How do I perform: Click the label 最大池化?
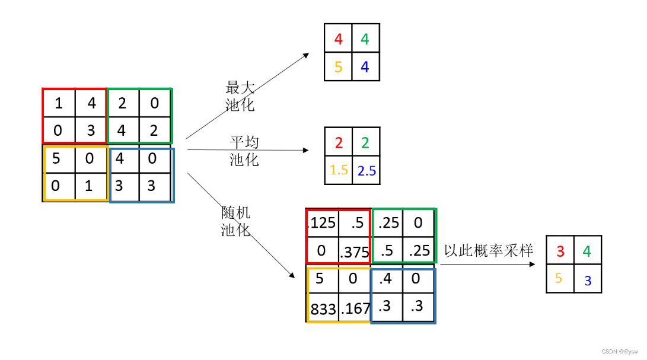pyautogui.click(x=240, y=97)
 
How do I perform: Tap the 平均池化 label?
pyautogui.click(x=244, y=151)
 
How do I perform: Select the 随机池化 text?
pyautogui.click(x=236, y=221)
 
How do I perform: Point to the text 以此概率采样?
pyautogui.click(x=489, y=250)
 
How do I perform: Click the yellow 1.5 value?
pyautogui.click(x=339, y=170)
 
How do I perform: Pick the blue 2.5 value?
pyautogui.click(x=366, y=171)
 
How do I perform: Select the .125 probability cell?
pyautogui.click(x=322, y=222)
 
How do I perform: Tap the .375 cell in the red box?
pyautogui.click(x=354, y=252)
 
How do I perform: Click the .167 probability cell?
pyautogui.click(x=356, y=308)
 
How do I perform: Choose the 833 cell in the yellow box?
pyautogui.click(x=323, y=308)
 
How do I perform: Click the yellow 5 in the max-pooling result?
pyautogui.click(x=339, y=67)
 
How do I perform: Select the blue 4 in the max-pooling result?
pyautogui.click(x=365, y=67)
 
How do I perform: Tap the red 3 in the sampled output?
pyautogui.click(x=560, y=251)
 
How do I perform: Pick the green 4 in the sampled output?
pyautogui.click(x=587, y=251)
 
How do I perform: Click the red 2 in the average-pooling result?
pyautogui.click(x=339, y=142)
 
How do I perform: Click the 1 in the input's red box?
pyautogui.click(x=58, y=103)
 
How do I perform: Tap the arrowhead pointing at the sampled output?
pyautogui.click(x=533, y=264)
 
